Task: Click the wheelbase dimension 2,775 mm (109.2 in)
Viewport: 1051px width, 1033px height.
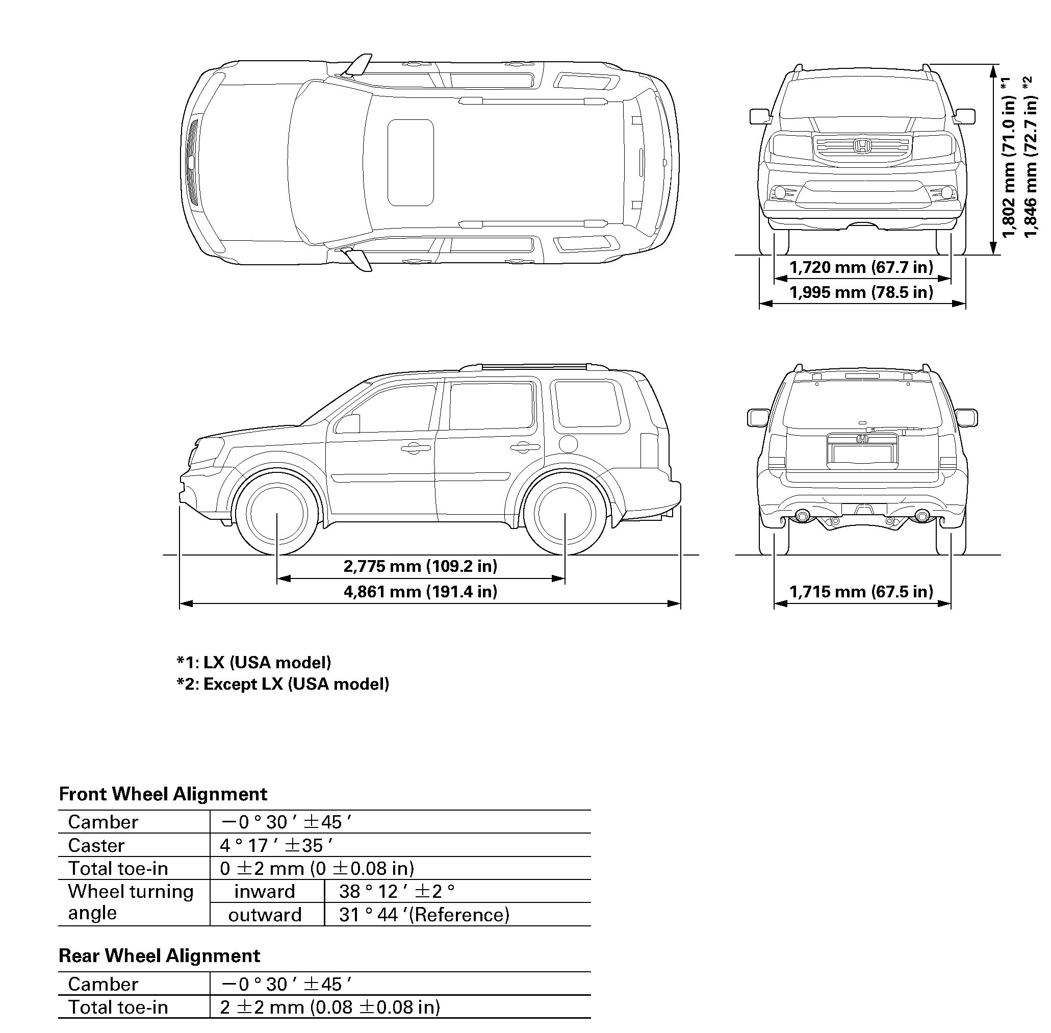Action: pyautogui.click(x=420, y=566)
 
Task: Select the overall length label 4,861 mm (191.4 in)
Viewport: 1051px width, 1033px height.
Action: pyautogui.click(x=420, y=591)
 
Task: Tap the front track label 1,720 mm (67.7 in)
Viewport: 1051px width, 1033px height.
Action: pyautogui.click(x=861, y=267)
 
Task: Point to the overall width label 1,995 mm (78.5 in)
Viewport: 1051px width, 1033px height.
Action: pyautogui.click(x=861, y=292)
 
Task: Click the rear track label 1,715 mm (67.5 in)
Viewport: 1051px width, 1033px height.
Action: pyautogui.click(x=861, y=591)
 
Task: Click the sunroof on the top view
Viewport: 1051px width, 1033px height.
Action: pyautogui.click(x=411, y=163)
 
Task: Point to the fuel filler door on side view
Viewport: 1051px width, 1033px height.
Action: pyautogui.click(x=567, y=444)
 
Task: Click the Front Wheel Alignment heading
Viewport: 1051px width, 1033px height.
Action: pyautogui.click(x=163, y=794)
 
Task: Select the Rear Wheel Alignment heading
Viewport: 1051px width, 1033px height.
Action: pyautogui.click(x=160, y=955)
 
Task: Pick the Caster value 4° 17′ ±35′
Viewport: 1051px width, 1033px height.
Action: pyautogui.click(x=276, y=845)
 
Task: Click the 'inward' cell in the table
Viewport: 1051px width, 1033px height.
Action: pyautogui.click(x=265, y=891)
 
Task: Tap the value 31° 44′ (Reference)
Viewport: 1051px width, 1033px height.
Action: pyautogui.click(x=424, y=915)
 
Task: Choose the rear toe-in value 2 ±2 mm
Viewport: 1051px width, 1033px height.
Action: pyautogui.click(x=330, y=1007)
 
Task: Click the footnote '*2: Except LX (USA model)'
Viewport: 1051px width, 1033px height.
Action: pyautogui.click(x=283, y=684)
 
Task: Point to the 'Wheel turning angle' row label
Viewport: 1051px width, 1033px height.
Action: pyautogui.click(x=131, y=902)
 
